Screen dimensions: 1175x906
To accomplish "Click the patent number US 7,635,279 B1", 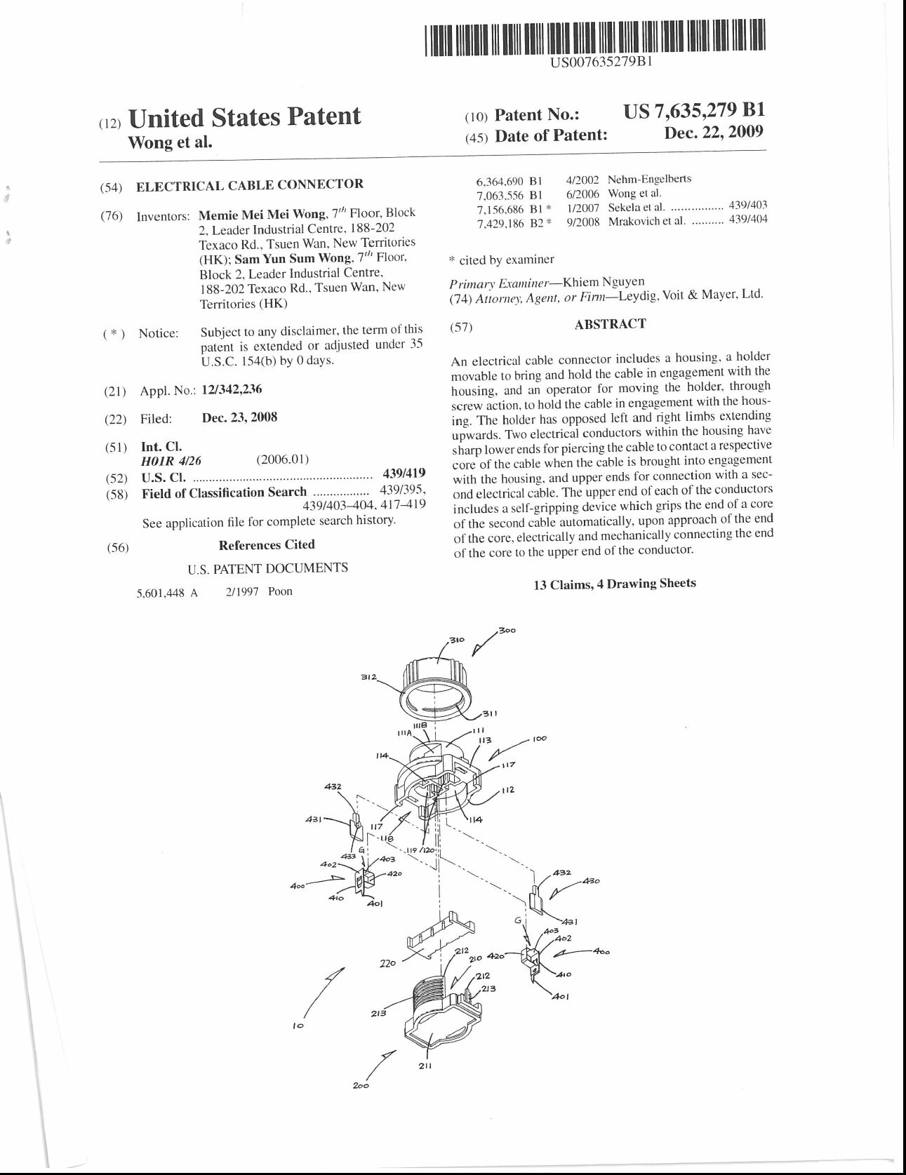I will (693, 111).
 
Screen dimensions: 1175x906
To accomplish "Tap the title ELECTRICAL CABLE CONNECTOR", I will (250, 185).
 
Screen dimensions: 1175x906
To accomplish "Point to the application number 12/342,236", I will (232, 390).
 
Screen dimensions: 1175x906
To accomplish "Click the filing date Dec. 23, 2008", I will (239, 417).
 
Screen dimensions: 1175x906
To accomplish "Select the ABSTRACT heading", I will (610, 324).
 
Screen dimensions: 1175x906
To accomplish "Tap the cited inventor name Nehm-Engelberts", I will (649, 180).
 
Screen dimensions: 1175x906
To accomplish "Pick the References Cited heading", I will (267, 545).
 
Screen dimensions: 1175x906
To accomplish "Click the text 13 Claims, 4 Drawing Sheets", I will (615, 584).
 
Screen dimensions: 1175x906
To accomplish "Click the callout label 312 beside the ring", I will (369, 678).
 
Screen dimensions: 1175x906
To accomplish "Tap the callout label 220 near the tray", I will (387, 963).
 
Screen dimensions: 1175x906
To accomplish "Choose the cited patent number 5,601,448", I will (160, 593).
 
